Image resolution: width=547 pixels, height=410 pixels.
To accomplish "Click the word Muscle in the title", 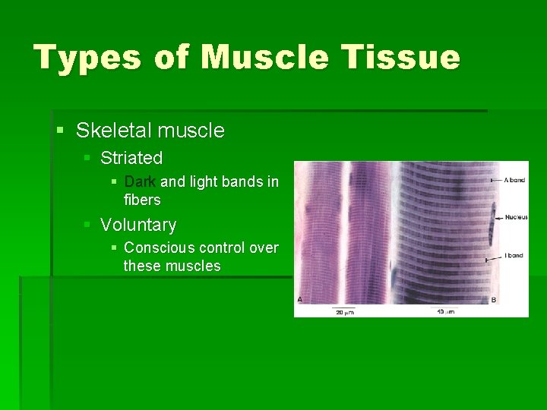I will (264, 58).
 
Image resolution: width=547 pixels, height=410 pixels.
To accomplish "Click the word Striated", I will (131, 158).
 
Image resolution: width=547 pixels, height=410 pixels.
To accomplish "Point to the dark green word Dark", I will (140, 181).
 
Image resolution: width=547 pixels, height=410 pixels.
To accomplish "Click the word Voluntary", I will (138, 225).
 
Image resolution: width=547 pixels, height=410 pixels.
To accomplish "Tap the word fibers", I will (142, 200).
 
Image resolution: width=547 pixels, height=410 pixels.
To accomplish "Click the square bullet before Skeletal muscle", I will (61, 131).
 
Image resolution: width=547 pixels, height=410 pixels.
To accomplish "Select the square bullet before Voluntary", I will (88, 225).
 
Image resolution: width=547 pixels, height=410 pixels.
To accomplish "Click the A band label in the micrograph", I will (514, 180).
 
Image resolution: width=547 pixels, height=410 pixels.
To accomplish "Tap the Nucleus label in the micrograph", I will (516, 217).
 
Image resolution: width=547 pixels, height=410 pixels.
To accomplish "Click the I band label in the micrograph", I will (514, 255).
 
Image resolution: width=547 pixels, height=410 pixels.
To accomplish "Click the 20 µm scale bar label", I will (344, 311).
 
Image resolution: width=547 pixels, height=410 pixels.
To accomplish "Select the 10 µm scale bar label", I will (447, 311).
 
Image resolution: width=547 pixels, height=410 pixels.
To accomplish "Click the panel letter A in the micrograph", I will (300, 300).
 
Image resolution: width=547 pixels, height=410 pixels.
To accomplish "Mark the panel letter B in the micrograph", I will (494, 300).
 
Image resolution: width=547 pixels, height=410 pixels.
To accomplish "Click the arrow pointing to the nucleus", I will (499, 217).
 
